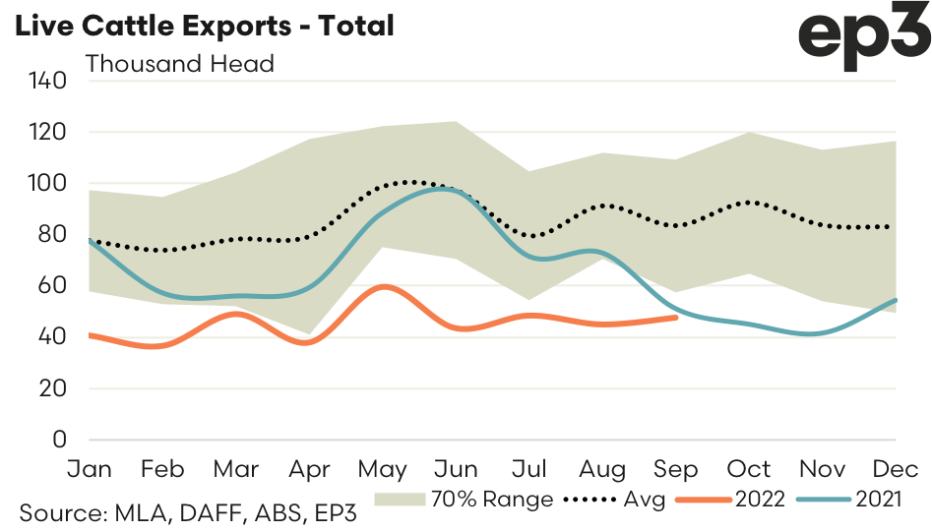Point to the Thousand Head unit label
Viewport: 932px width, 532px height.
tap(180, 64)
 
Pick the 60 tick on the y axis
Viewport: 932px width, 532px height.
tap(50, 286)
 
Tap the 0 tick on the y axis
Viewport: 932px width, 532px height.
tap(58, 440)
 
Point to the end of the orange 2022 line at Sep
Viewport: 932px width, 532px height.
tap(676, 317)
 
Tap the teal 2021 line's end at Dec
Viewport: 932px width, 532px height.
tap(896, 300)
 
